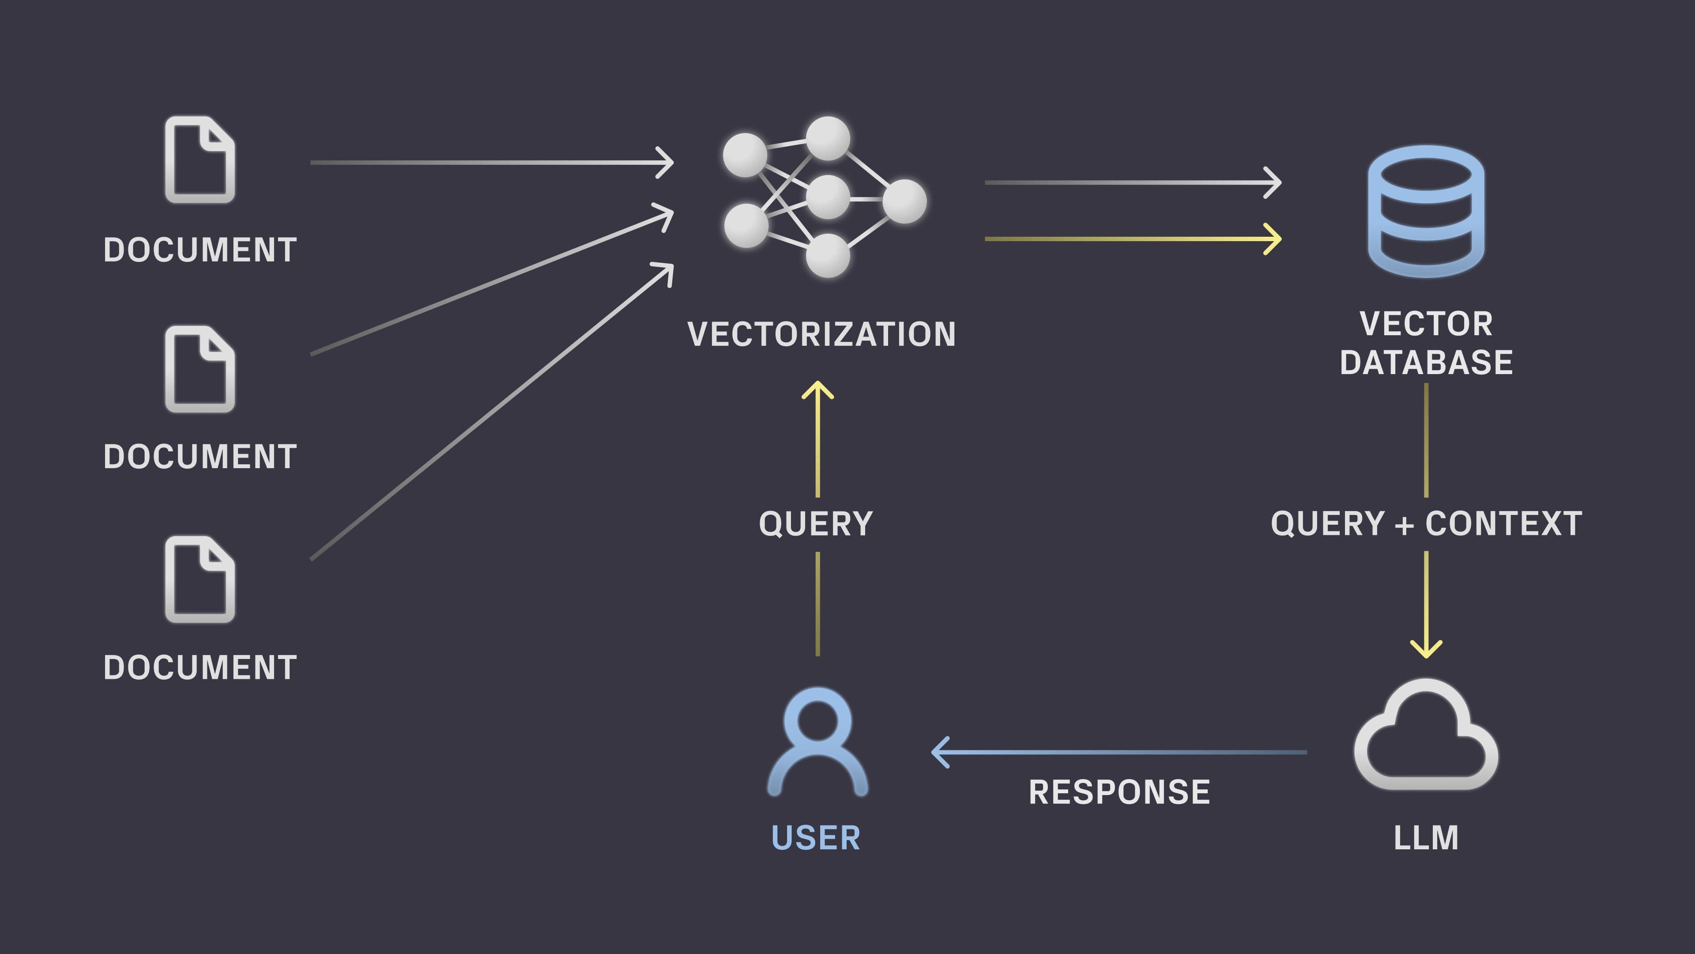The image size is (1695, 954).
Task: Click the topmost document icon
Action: (200, 160)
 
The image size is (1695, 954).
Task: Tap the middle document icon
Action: (200, 369)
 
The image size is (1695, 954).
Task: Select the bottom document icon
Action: (200, 579)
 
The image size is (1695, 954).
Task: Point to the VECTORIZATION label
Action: (821, 334)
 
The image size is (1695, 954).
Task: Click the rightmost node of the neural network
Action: (904, 201)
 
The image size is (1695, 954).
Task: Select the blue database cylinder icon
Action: (1425, 211)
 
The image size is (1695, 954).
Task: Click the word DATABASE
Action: (1426, 363)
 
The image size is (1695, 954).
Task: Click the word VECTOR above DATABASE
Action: (1426, 323)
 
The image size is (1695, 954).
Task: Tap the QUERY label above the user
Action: (816, 523)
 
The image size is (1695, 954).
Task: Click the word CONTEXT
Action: (1503, 523)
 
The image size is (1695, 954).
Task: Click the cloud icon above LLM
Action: (1425, 738)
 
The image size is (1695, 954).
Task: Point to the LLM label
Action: (1426, 837)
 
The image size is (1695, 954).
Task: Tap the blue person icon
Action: (817, 741)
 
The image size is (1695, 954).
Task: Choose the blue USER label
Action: (816, 837)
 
